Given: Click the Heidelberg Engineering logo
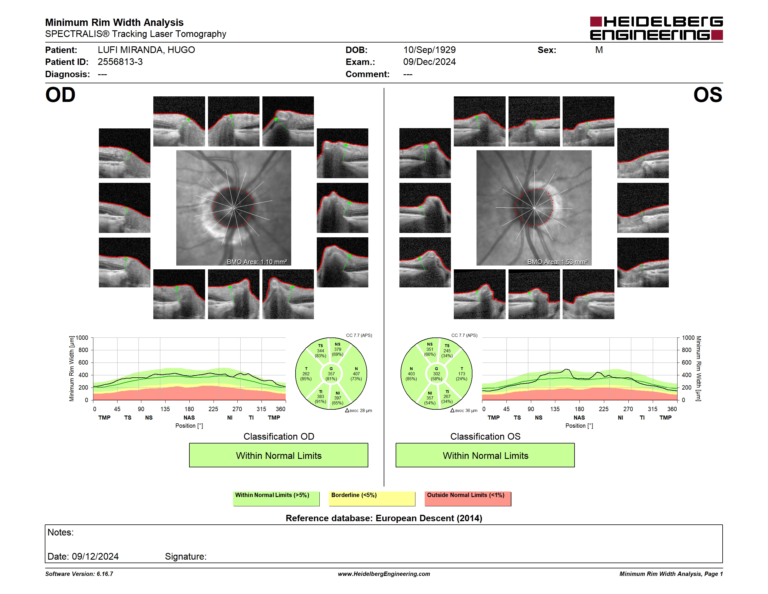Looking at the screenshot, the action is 656,28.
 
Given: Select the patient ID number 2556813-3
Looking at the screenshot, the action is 120,62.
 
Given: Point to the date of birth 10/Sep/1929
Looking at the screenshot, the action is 429,50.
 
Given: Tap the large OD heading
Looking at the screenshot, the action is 60,95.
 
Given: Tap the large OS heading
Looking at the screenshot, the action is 707,95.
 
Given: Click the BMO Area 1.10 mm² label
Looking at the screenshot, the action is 257,262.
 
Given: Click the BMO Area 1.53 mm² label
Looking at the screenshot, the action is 557,262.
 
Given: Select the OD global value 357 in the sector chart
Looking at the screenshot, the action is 331,374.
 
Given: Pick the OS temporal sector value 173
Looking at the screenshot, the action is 461,374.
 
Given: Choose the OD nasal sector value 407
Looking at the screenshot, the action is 356,374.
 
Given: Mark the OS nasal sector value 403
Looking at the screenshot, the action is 411,374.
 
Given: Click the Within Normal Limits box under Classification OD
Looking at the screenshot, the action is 278,455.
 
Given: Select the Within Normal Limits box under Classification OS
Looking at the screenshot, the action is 485,455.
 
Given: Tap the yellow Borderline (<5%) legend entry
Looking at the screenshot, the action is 372,498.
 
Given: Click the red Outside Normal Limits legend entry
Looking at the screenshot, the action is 468,498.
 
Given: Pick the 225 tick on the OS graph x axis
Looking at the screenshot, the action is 603,409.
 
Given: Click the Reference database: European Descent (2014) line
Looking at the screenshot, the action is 384,518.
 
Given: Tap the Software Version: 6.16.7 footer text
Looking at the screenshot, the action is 79,574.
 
